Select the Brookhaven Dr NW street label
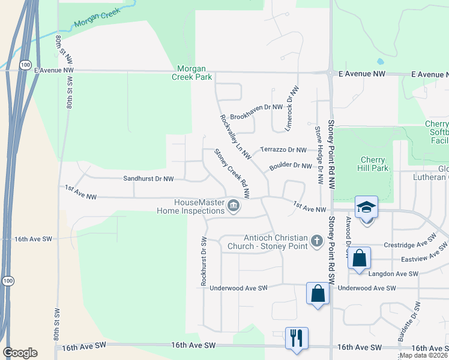click(256, 107)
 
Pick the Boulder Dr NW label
click(291, 166)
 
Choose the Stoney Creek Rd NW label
click(232, 173)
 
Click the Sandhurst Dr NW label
click(148, 179)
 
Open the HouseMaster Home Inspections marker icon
click(234, 207)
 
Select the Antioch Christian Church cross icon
click(318, 241)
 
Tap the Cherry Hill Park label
click(376, 164)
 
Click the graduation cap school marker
click(366, 207)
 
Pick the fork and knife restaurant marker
click(297, 338)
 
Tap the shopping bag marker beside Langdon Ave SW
click(359, 259)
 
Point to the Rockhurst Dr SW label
click(204, 260)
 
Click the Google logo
click(20, 353)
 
